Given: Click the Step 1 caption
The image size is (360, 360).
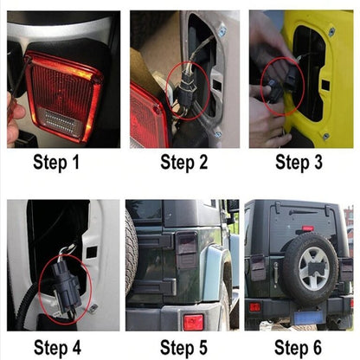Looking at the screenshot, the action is [x=56, y=163].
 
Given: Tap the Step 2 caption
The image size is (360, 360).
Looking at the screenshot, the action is [x=184, y=163].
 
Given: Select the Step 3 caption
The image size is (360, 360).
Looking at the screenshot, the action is [x=299, y=163].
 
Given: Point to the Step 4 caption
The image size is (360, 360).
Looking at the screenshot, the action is [x=57, y=348].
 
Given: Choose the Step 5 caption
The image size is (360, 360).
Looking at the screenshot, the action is [x=183, y=348].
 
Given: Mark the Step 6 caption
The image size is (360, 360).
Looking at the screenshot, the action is [x=298, y=348].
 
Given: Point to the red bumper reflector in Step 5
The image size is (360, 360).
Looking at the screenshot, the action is [x=193, y=322].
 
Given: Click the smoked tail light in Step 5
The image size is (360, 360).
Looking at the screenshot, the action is [x=187, y=250].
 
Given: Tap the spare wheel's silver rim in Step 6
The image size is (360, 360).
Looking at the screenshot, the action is [x=314, y=268].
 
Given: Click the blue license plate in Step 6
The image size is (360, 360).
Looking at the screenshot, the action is [x=308, y=317].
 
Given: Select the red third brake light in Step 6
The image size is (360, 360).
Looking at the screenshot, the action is [x=308, y=228].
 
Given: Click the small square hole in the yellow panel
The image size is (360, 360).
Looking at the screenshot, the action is [x=325, y=85].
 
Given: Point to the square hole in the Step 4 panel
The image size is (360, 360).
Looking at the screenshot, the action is [x=92, y=253].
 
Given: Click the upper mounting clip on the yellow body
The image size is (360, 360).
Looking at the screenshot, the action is [x=332, y=31].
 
